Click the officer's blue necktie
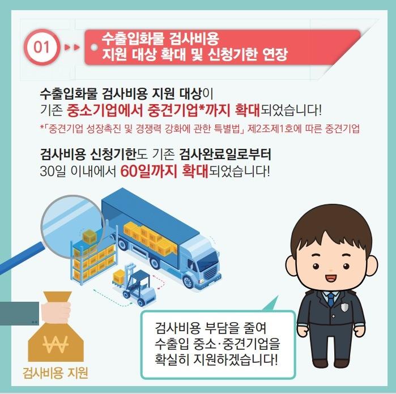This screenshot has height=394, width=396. tap(330, 299)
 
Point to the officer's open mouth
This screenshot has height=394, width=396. tap(331, 278)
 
